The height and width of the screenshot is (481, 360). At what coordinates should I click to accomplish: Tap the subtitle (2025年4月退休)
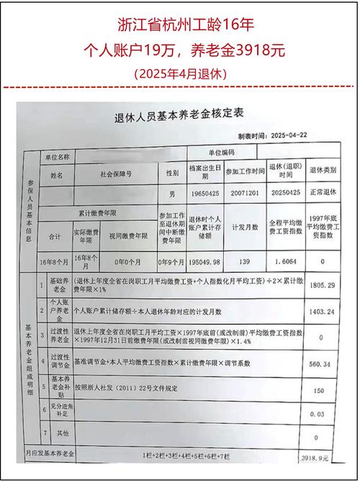(180, 73)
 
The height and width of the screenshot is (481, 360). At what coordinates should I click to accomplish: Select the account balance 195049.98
(203, 262)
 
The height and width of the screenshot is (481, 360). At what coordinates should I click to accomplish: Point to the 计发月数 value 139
(243, 262)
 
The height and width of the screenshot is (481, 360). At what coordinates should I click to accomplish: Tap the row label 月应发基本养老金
(51, 455)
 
